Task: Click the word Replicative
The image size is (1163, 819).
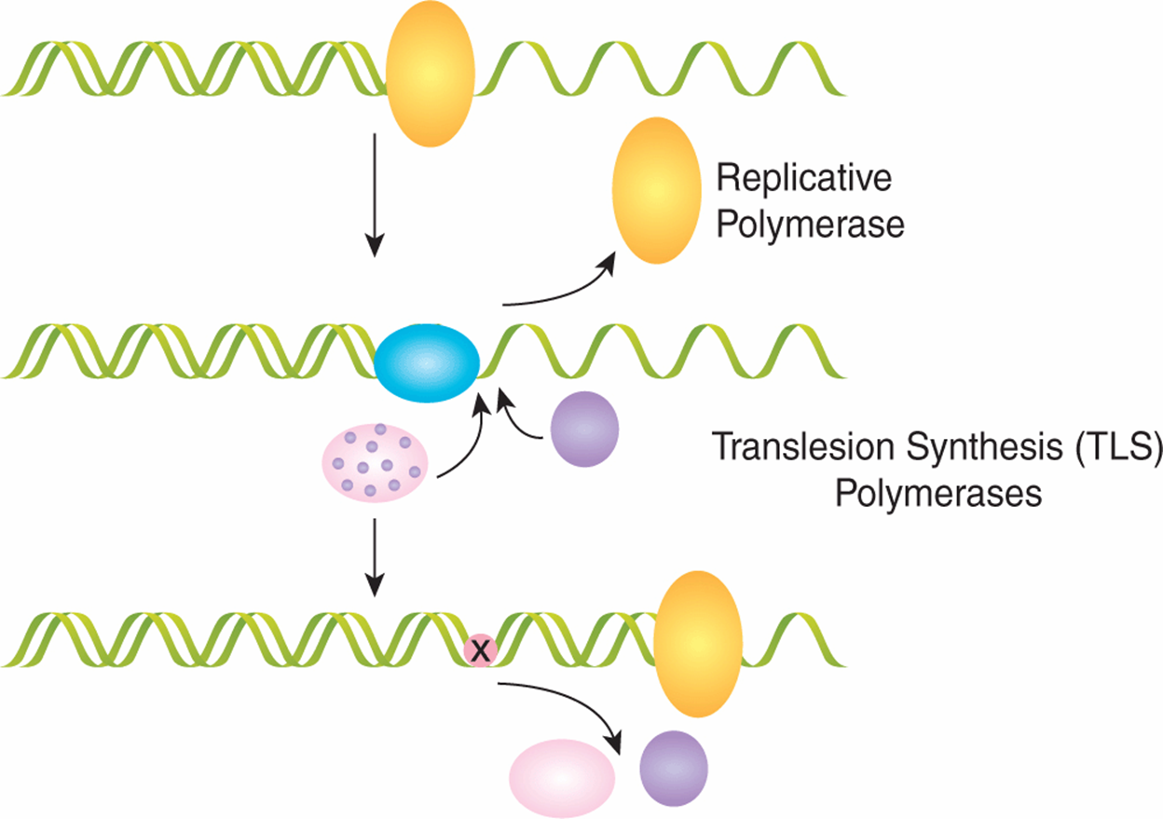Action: (x=803, y=178)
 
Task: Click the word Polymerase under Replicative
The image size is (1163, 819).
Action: (x=810, y=225)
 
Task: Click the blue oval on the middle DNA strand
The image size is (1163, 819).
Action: (x=427, y=363)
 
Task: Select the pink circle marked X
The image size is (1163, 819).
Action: (x=480, y=649)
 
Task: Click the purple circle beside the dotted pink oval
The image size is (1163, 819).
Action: (x=584, y=429)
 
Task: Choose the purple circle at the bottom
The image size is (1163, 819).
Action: (x=674, y=769)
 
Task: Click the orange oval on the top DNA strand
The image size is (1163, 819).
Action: (x=431, y=74)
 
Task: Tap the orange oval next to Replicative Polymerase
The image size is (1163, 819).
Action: (x=657, y=190)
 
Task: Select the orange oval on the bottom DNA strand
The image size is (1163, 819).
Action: (x=698, y=644)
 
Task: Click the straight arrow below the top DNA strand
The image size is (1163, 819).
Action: (x=375, y=195)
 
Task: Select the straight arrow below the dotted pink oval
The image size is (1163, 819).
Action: (x=375, y=557)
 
